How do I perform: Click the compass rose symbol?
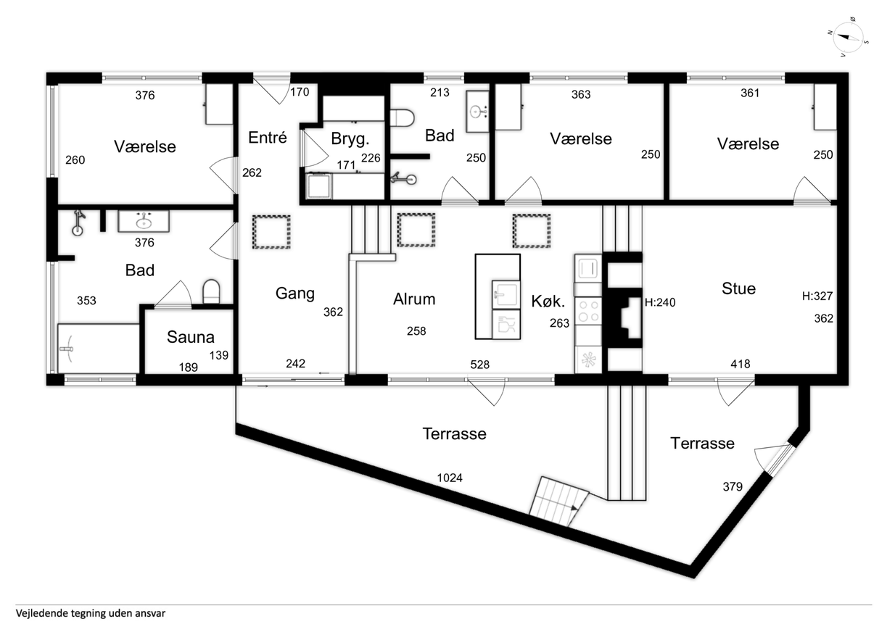point(848,38)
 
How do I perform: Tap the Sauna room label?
point(191,337)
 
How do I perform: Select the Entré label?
point(268,137)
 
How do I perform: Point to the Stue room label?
point(738,288)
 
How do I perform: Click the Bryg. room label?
point(350,139)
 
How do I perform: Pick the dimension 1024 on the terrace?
point(450,478)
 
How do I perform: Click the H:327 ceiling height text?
point(817,296)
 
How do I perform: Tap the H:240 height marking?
point(660,302)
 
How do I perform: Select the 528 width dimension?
point(479,364)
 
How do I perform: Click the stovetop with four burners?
point(588,311)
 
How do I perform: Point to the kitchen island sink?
point(506,294)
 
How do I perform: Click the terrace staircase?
point(559,502)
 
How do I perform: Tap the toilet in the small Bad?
point(403,119)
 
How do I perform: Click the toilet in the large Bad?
point(211,291)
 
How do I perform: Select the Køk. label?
point(548,302)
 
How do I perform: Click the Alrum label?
point(414,299)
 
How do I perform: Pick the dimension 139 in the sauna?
point(219,355)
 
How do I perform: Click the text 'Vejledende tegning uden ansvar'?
point(91,613)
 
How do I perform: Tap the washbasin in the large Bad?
point(144,222)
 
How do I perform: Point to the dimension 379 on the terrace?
point(733,486)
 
